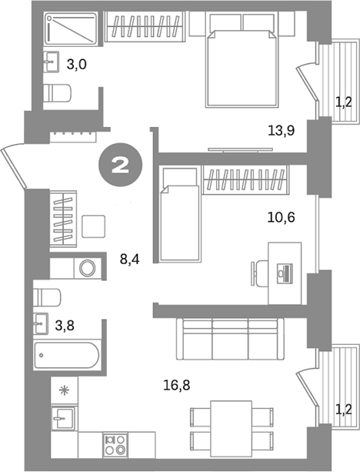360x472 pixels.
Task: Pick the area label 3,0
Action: point(75,65)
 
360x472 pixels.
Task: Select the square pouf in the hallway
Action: point(95,226)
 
